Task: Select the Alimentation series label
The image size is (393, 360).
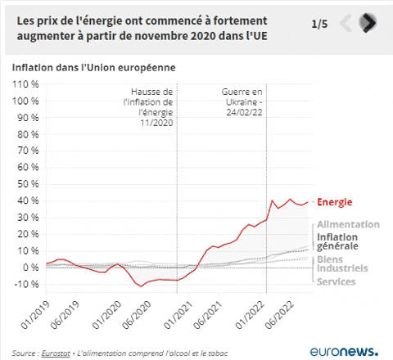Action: [347, 224]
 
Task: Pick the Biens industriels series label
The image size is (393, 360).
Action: [341, 263]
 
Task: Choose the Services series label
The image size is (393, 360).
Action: [336, 282]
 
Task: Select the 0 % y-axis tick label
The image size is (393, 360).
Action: [29, 268]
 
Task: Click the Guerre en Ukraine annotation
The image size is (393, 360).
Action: [244, 102]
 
